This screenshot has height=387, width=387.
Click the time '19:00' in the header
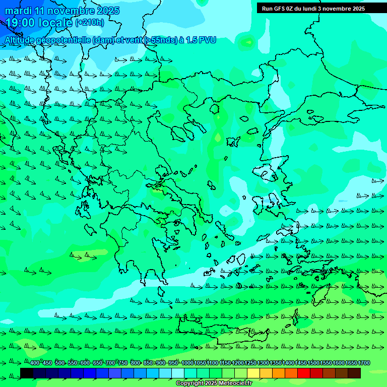(21, 23)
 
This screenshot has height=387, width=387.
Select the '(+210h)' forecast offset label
(89, 22)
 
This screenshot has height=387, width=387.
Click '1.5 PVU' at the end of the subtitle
(201, 40)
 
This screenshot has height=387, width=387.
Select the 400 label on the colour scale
(34, 363)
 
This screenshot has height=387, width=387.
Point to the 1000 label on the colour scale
(187, 363)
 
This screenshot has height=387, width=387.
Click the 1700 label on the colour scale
(364, 363)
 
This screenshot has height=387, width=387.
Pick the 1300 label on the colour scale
(263, 363)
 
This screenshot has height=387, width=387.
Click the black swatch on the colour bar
(27, 373)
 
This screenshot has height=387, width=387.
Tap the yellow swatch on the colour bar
(253, 373)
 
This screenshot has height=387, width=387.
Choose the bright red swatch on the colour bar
(304, 373)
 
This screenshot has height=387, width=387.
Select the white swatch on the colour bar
(178, 373)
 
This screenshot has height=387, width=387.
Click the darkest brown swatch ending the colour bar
(354, 373)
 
